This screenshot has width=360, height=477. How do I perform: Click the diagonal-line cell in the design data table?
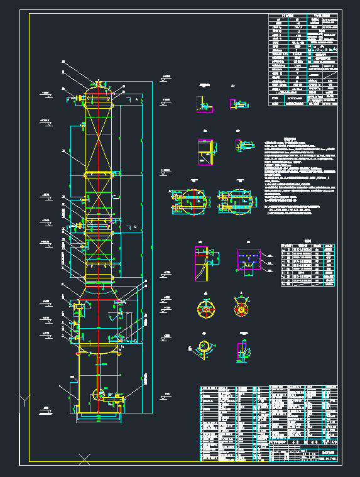[327, 78]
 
